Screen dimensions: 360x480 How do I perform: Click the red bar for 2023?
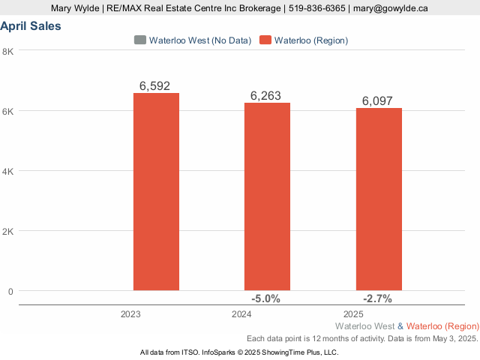[156, 191]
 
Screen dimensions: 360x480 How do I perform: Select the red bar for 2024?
[267, 196]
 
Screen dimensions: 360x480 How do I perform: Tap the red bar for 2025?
[379, 199]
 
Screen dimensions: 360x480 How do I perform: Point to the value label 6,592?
[155, 85]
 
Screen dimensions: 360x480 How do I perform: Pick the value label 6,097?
[377, 100]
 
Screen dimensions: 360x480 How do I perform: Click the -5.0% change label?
[266, 298]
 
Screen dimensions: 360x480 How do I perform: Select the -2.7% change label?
[377, 298]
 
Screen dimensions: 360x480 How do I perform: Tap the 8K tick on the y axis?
[8, 51]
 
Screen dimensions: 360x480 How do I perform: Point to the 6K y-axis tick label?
[8, 111]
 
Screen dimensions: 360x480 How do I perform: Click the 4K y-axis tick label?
[8, 171]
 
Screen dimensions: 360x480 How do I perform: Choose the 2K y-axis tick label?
[8, 231]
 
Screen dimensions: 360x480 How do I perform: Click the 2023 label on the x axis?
[130, 313]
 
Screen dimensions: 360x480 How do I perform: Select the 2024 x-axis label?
[242, 313]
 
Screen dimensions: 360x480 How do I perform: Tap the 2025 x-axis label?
[353, 313]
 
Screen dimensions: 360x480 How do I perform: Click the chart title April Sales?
[31, 26]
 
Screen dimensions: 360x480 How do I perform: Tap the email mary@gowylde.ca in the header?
[391, 8]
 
